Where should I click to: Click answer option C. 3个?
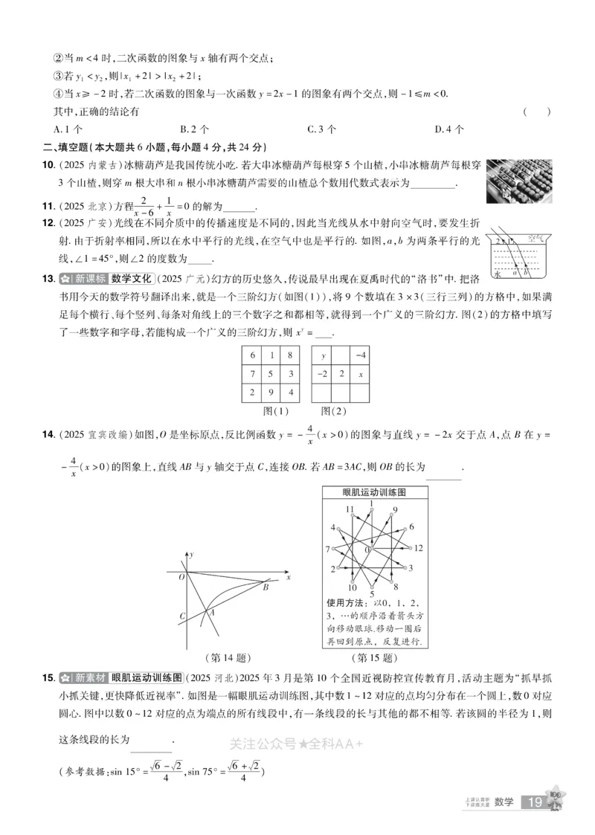(x=321, y=129)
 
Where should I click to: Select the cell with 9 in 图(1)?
(x=271, y=392)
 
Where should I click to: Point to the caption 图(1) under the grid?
(x=271, y=410)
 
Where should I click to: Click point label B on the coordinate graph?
(x=266, y=587)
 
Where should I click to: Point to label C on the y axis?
(x=182, y=616)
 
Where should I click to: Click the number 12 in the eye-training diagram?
(x=418, y=548)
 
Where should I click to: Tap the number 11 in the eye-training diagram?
(x=347, y=509)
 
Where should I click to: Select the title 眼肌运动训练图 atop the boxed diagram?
(x=374, y=492)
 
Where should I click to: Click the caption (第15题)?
(x=374, y=658)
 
